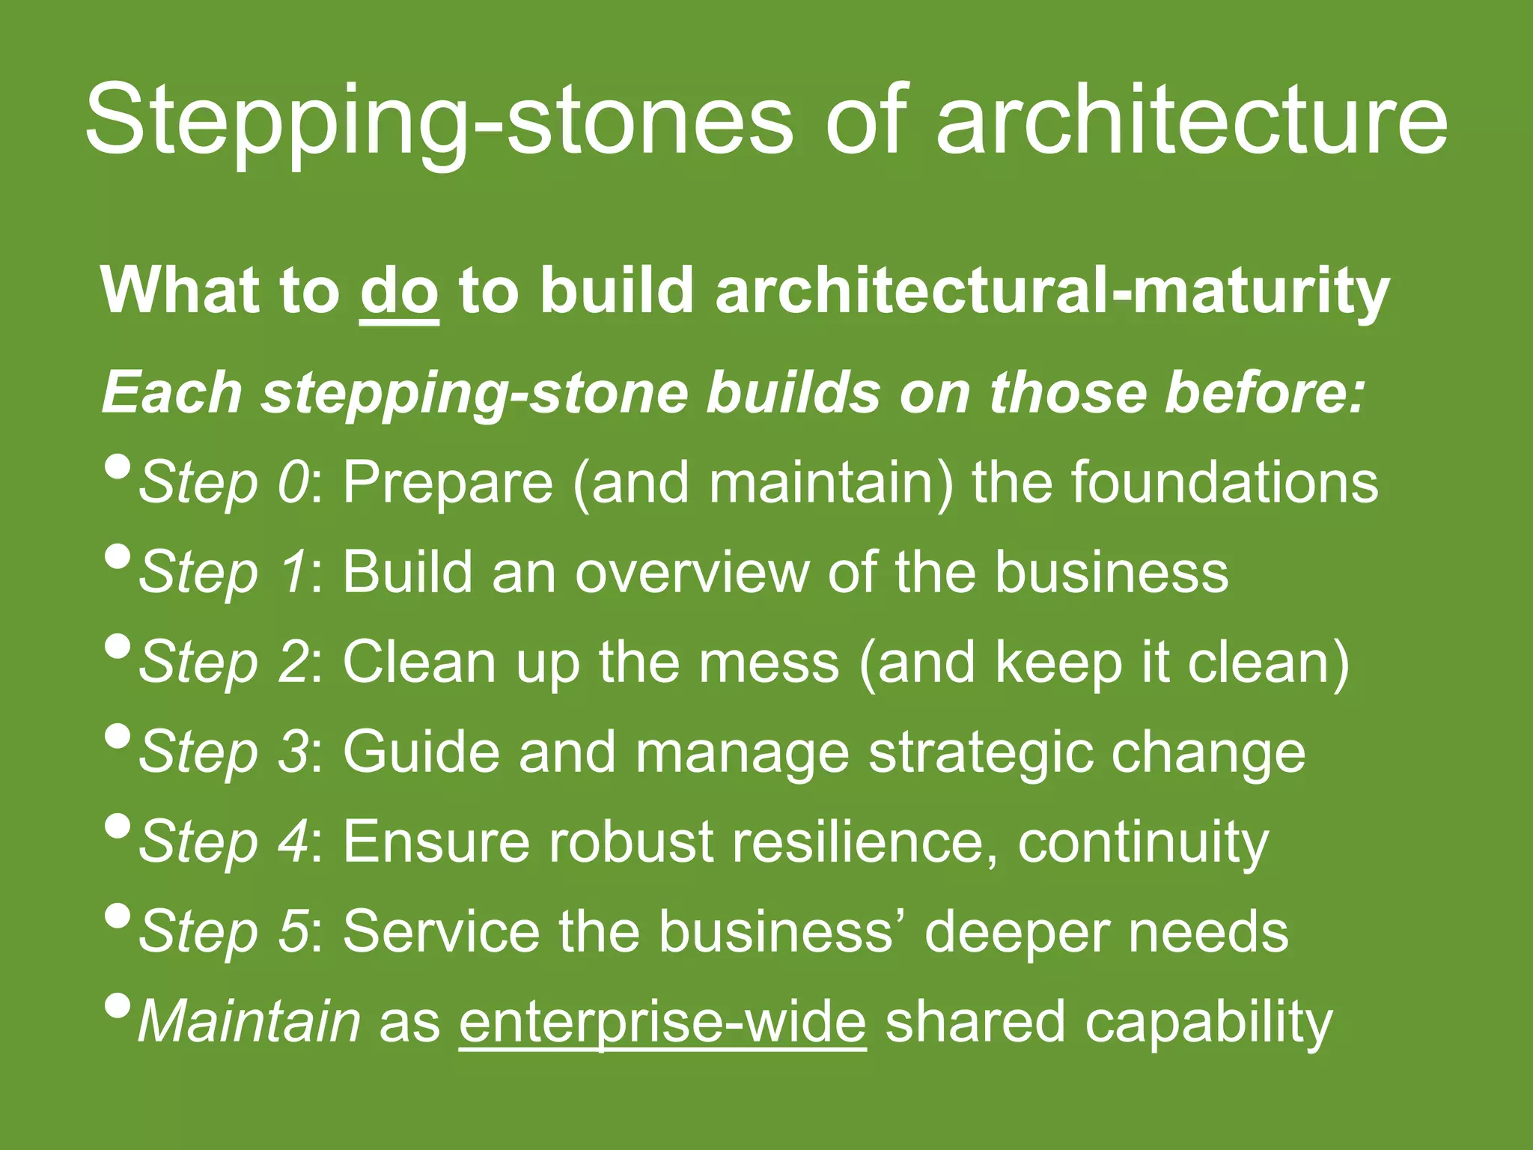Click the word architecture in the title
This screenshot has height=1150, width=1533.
(x=1192, y=120)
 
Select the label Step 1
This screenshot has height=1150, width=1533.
(x=222, y=573)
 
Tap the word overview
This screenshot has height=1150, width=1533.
(x=692, y=573)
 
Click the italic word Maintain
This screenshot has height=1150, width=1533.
(x=249, y=1021)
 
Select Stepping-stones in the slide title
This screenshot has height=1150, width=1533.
(x=438, y=120)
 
